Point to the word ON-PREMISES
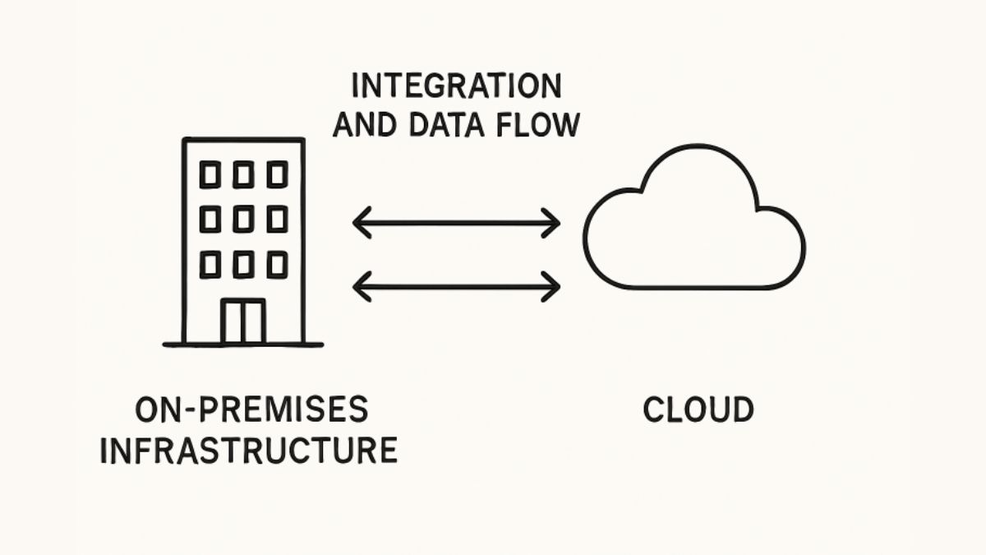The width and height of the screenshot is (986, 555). tap(251, 409)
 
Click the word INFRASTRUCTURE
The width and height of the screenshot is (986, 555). tap(248, 451)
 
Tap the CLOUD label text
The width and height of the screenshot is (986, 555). tap(698, 409)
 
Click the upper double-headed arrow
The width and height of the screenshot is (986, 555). tap(456, 222)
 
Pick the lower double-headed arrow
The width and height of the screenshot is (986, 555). tap(456, 285)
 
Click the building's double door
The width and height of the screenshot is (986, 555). tap(244, 321)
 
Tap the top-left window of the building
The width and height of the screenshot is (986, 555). tap(210, 174)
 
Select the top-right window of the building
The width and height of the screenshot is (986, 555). tap(277, 174)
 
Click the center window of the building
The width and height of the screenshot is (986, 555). tap(243, 219)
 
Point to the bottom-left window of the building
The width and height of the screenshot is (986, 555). tap(210, 264)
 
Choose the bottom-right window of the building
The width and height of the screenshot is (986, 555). tap(277, 264)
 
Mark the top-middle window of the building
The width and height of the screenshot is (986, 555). tap(243, 174)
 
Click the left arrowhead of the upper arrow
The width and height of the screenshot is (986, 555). tap(360, 222)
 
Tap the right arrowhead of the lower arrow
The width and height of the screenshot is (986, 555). tap(553, 285)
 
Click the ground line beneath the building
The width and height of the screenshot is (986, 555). tap(243, 344)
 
